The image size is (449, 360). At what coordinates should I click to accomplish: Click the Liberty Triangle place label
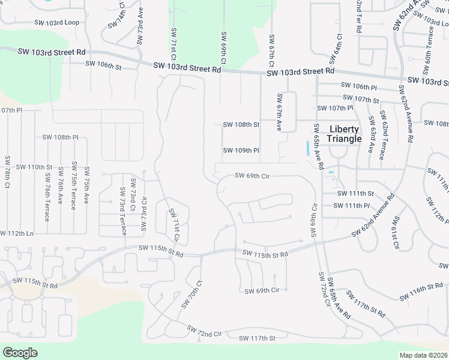(344, 134)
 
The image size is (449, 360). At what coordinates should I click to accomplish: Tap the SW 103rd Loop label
(61, 22)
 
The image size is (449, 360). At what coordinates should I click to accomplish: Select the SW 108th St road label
(241, 125)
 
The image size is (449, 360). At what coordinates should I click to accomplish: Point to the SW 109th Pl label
(241, 150)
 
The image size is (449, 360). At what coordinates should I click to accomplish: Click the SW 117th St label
(257, 338)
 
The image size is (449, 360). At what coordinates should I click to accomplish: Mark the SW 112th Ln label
(17, 233)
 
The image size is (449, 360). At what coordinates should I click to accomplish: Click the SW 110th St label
(34, 166)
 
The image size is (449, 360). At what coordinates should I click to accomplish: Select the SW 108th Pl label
(61, 137)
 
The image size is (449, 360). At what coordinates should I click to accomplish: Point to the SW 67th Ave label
(280, 112)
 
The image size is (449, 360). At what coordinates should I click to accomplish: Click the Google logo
(20, 352)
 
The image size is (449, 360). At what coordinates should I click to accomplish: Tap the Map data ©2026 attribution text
(424, 355)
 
